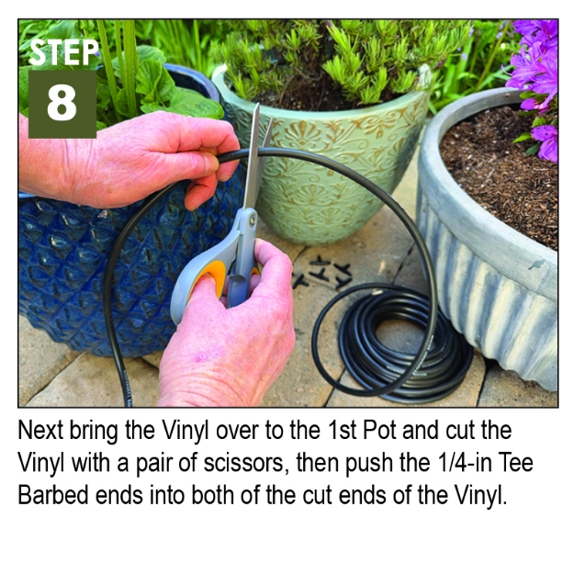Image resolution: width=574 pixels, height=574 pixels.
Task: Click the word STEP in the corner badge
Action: click(62, 51)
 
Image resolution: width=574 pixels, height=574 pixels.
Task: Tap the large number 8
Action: click(62, 103)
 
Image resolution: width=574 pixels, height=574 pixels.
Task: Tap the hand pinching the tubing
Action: click(147, 156)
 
